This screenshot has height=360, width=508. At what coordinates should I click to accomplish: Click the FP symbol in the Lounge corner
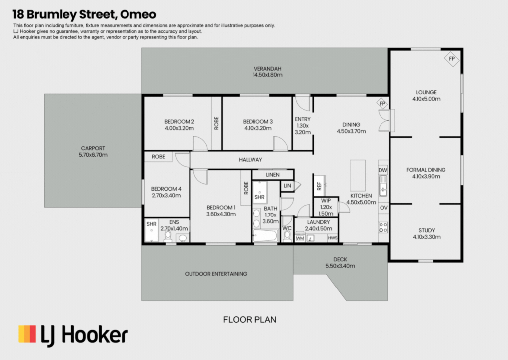point(451,59)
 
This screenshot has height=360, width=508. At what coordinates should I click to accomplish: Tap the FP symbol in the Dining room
point(382,104)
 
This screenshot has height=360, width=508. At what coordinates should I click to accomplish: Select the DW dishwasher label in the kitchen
point(383,170)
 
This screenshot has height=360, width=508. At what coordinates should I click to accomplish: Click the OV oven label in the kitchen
point(383,208)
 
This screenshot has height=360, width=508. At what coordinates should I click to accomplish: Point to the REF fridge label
point(319,186)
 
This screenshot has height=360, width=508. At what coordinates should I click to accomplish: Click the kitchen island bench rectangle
point(358,175)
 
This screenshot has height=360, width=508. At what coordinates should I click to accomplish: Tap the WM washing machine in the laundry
point(300,238)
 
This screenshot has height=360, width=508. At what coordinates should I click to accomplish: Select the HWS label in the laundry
point(333,238)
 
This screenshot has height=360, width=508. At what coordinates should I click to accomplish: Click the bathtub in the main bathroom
point(265,236)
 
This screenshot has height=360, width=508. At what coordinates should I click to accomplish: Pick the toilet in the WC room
point(287,237)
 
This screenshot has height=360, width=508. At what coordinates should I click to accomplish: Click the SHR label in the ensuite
point(151,224)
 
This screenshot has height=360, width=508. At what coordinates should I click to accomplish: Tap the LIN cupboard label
point(287,186)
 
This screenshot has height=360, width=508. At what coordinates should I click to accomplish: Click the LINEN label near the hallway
point(273,175)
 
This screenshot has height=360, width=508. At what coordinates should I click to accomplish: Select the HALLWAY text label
point(251,160)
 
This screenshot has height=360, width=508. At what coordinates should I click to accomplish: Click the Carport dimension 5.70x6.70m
point(93,155)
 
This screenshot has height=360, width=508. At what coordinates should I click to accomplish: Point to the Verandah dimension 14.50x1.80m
point(267,75)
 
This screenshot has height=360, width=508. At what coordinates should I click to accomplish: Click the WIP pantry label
point(326,201)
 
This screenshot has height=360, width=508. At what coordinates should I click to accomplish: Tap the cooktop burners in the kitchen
point(383,227)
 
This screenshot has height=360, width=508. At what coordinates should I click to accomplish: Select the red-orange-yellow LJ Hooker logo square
point(27,334)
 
